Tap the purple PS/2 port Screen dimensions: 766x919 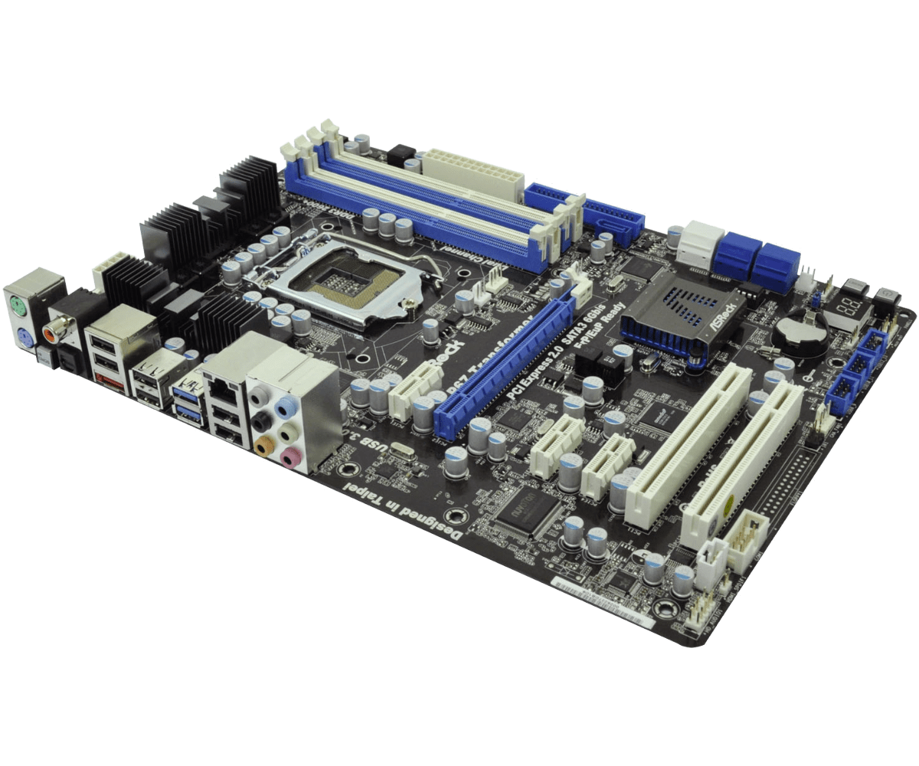(24, 336)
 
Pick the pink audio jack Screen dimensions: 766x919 (289, 457)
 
